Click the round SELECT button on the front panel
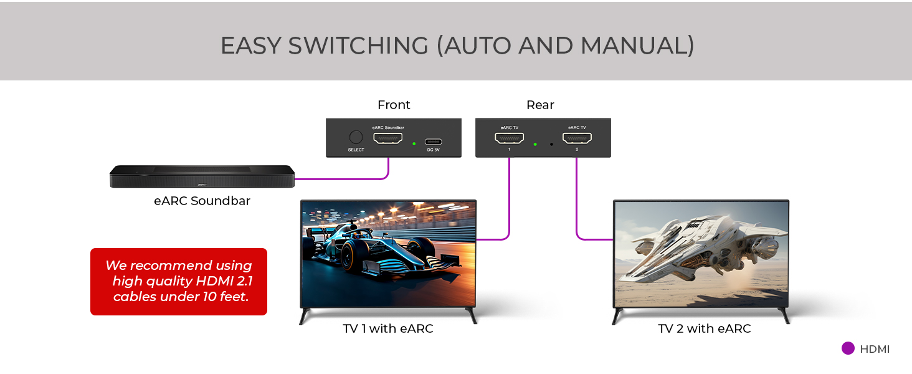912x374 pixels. pyautogui.click(x=356, y=137)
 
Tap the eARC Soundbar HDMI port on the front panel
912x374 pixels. pyautogui.click(x=388, y=138)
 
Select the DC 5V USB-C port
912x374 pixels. pyautogui.click(x=433, y=141)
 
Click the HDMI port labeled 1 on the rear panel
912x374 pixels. pyautogui.click(x=510, y=138)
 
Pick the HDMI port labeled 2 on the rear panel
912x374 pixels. pyautogui.click(x=577, y=138)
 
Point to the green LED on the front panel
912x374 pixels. pyautogui.click(x=414, y=144)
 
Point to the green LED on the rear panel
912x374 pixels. pyautogui.click(x=535, y=144)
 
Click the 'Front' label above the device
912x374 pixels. pyautogui.click(x=394, y=105)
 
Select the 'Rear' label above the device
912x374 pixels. pyautogui.click(x=540, y=105)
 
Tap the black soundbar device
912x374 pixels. pyautogui.click(x=202, y=176)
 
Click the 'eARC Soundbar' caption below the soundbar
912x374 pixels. pyautogui.click(x=202, y=201)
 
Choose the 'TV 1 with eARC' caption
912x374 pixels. pyautogui.click(x=388, y=328)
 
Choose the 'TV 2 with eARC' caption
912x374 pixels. pyautogui.click(x=705, y=328)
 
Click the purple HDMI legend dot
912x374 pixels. pyautogui.click(x=848, y=348)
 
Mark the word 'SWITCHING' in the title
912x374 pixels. pyautogui.click(x=358, y=46)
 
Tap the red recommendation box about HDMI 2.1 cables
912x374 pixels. pyautogui.click(x=179, y=282)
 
